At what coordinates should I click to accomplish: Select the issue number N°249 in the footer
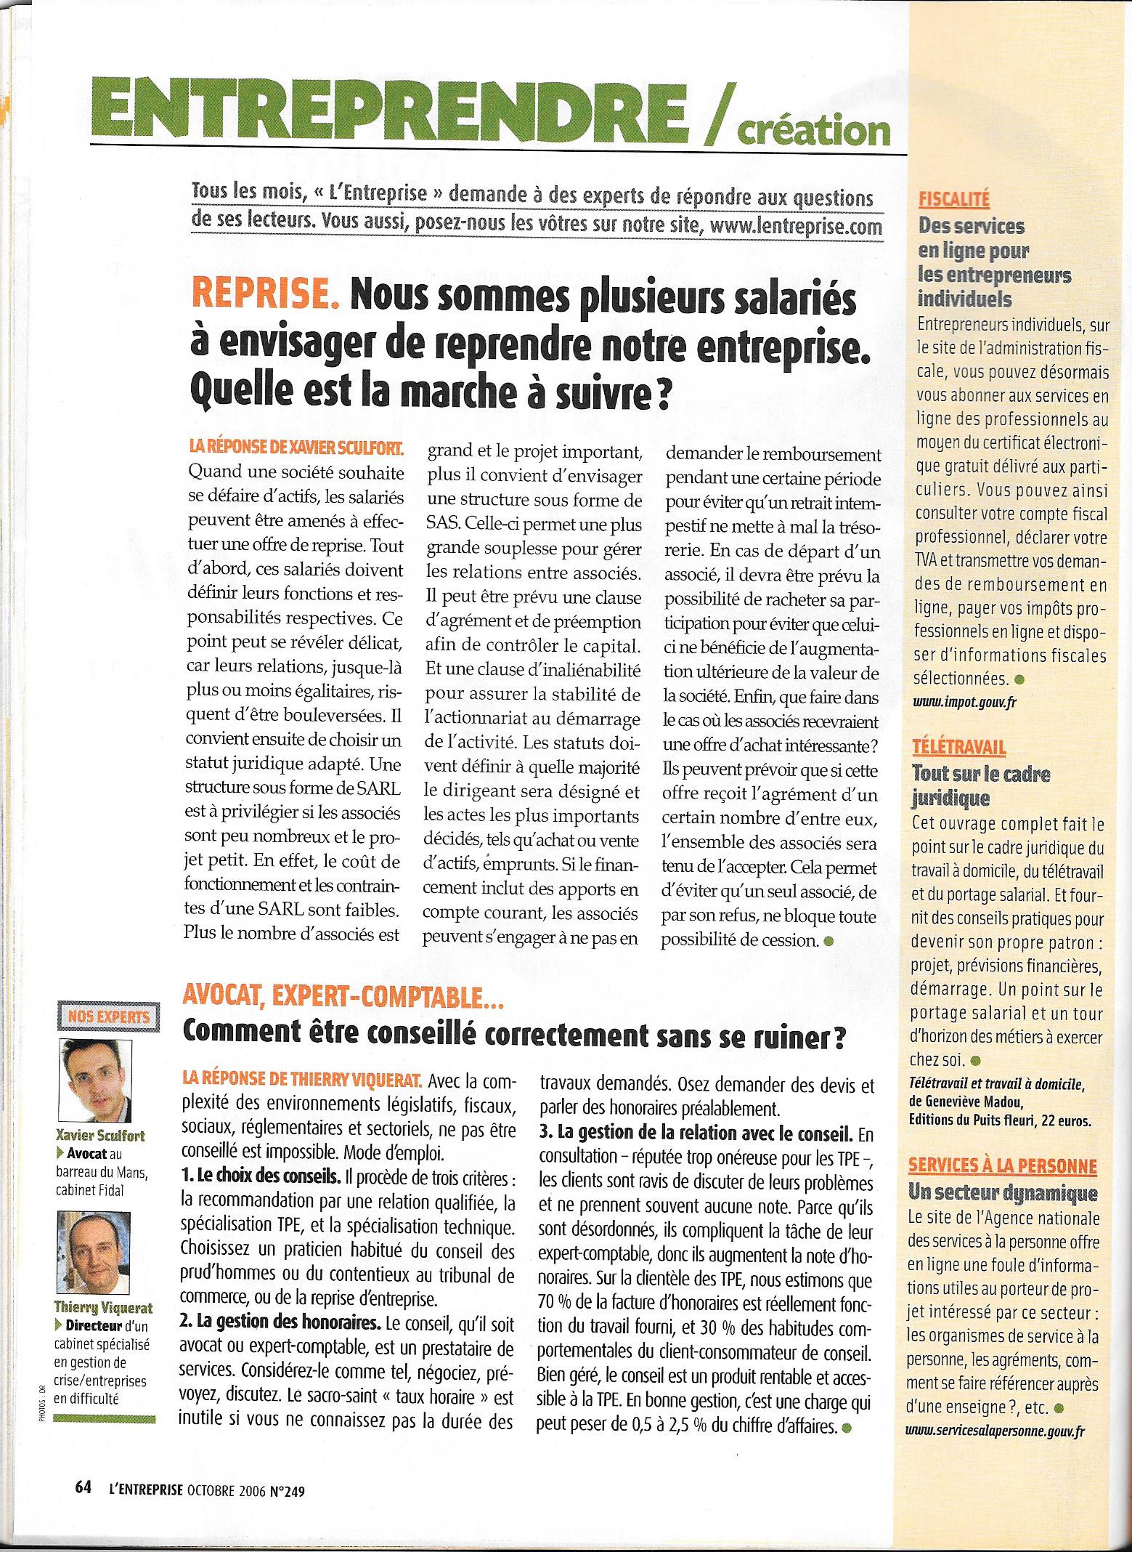287,1487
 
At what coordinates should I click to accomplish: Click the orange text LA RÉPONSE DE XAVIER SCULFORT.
301,451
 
